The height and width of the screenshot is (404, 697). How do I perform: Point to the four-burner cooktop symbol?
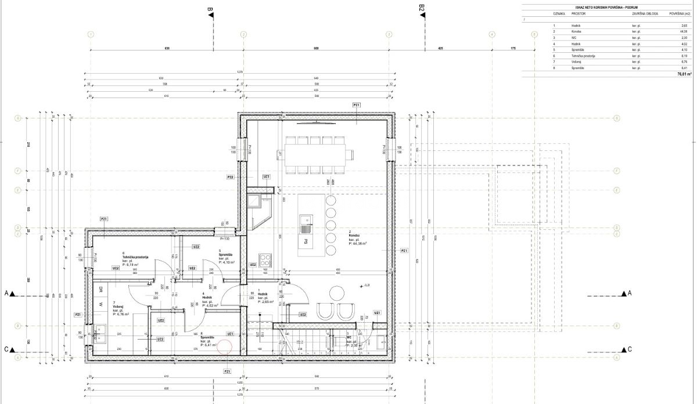265,258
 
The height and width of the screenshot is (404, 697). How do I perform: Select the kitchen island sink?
304,219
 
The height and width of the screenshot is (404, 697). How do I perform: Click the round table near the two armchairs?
336,291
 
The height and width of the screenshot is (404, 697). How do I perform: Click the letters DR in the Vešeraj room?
100,289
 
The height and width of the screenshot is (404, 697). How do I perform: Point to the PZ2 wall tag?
230,176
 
